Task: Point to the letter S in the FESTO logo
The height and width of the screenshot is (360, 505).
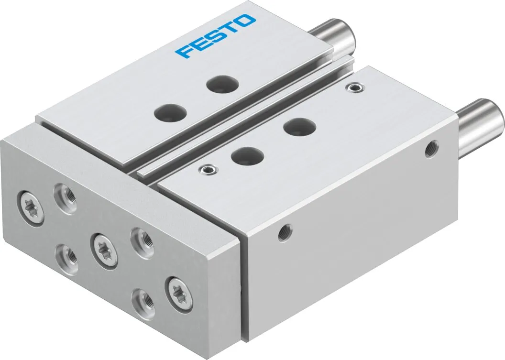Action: tap(215, 36)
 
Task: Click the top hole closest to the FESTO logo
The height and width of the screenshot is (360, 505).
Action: tap(222, 84)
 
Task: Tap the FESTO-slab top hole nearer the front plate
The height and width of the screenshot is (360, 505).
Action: tap(170, 112)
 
